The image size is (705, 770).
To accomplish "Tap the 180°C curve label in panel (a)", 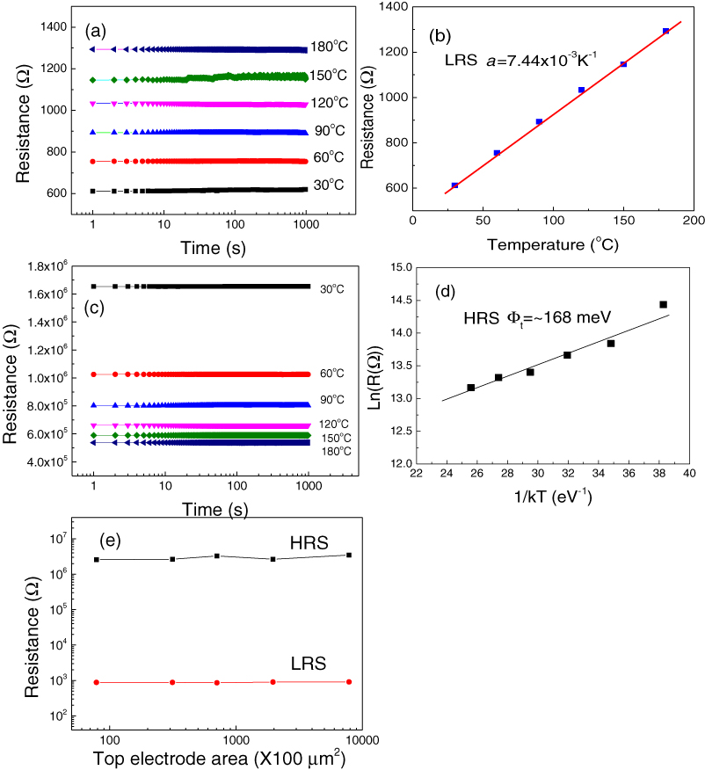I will pos(328,47).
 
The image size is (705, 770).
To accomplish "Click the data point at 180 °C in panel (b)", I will pos(665,31).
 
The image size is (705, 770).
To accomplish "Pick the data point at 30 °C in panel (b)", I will pos(454,185).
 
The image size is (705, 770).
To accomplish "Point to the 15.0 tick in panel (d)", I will pos(399,267).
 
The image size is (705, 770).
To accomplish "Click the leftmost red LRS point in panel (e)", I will pos(96,682).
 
